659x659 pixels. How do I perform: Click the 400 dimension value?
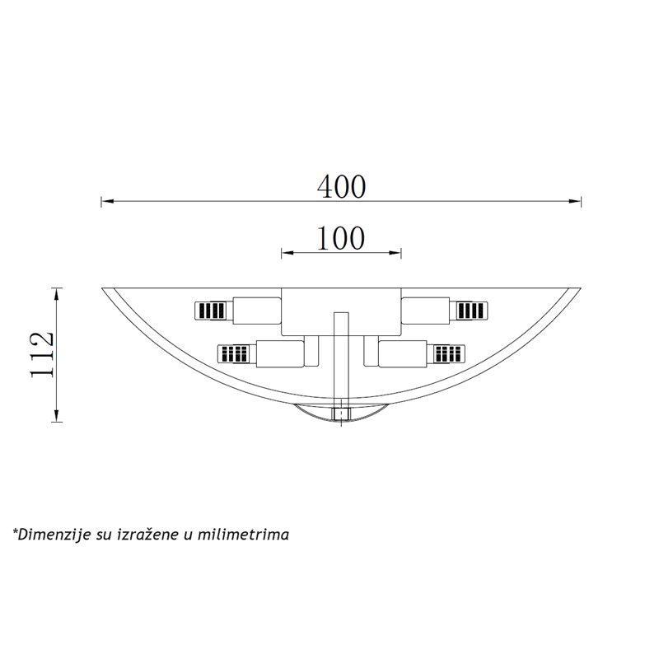pos(341,187)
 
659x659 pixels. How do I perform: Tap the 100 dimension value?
pos(341,238)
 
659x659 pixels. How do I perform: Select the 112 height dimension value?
pos(43,355)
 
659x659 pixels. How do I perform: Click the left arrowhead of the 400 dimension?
pos(108,201)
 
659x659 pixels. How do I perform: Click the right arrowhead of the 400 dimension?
pos(574,201)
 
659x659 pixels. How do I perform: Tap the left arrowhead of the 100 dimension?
pos(287,253)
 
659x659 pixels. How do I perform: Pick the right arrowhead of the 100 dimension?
pos(395,253)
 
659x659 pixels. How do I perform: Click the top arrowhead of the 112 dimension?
pos(56,294)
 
